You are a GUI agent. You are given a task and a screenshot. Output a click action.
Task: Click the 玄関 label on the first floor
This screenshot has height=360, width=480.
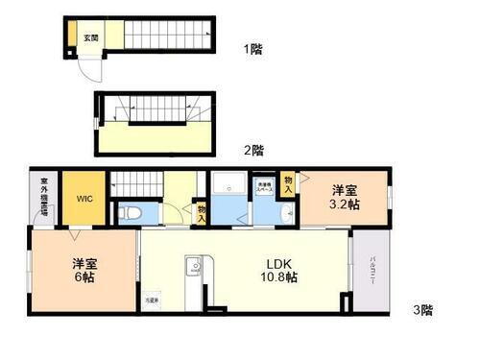tap(88, 38)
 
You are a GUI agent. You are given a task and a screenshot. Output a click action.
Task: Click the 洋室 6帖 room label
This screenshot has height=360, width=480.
tap(84, 270)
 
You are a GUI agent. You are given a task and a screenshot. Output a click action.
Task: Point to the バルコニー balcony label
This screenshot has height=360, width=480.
tap(371, 275)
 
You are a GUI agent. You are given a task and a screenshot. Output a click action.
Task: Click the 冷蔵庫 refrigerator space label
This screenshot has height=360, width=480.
tap(153, 301)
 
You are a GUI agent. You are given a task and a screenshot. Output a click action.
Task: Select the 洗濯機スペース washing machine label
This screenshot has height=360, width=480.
tap(264, 188)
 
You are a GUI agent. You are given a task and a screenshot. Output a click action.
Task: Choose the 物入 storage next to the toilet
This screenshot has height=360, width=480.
tap(201, 212)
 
